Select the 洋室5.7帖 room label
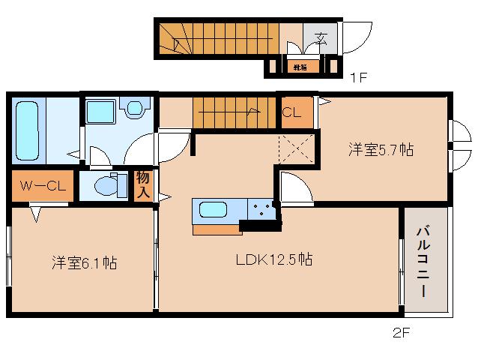tap(381, 149)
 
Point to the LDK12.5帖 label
tap(274, 260)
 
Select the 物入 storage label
tap(142, 185)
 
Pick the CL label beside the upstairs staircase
tap(292, 113)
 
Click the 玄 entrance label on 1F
tap(321, 36)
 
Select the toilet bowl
tap(108, 184)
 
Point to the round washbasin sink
tap(135, 109)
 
